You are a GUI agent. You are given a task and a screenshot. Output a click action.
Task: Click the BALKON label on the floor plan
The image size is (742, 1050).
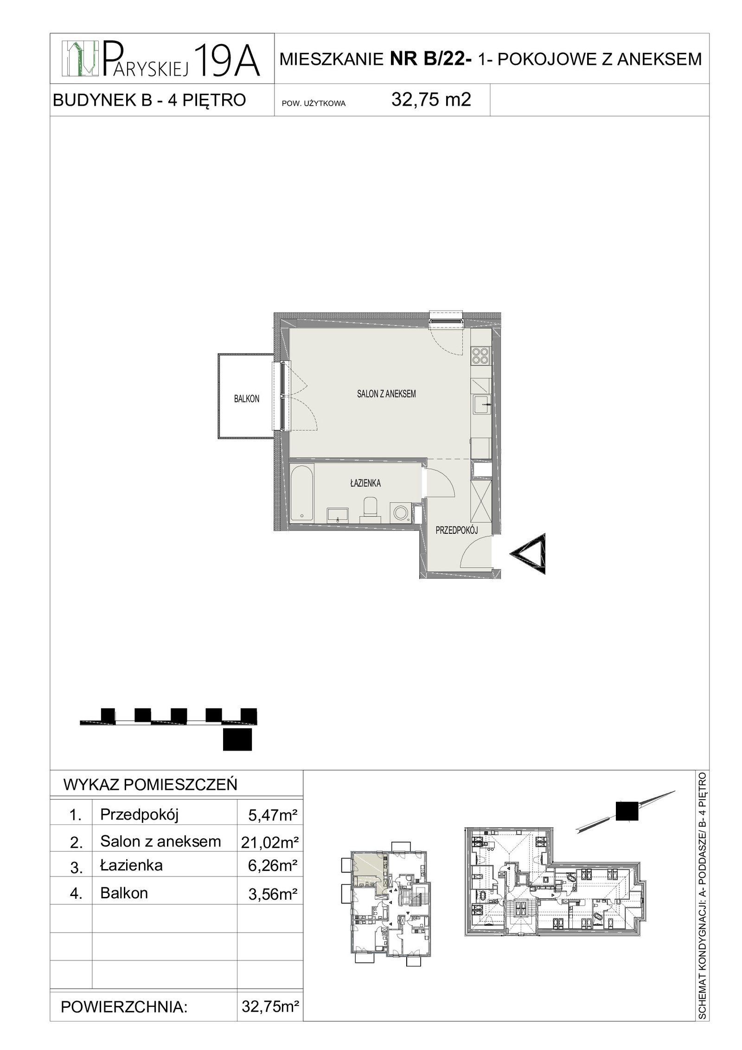point(246,399)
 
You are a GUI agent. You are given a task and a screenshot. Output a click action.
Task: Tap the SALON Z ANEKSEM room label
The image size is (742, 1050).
point(386,394)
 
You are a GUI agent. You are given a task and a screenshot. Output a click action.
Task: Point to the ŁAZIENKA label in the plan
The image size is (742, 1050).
point(365,483)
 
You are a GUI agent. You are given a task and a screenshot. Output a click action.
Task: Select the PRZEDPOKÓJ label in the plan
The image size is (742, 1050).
point(456,531)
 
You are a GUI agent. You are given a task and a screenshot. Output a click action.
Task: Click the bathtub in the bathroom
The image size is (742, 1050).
point(302,493)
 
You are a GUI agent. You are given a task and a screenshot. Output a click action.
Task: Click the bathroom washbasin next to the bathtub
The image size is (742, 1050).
point(338,514)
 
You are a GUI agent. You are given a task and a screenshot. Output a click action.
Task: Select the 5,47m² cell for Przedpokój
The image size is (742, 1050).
point(273,816)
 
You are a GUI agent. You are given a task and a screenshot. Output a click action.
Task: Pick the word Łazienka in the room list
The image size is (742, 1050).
point(131,865)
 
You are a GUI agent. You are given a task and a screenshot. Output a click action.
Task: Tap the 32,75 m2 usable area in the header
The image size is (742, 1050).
point(431,100)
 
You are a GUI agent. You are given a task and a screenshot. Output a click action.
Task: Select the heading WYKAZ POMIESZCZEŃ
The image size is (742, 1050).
point(150,785)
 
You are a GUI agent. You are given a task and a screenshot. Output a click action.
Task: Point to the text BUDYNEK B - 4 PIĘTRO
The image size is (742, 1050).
point(149,100)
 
